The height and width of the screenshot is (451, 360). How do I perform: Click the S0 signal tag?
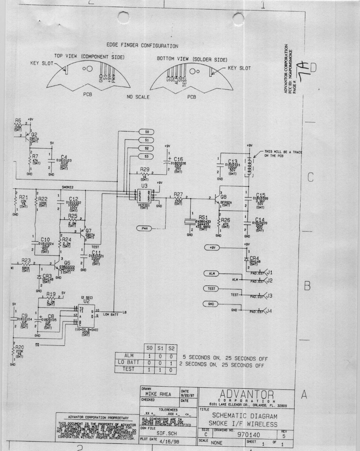pyautogui.click(x=146, y=132)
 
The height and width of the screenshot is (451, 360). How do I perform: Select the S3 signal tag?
pyautogui.click(x=146, y=157)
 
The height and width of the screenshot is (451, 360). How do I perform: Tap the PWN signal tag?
pyautogui.click(x=145, y=228)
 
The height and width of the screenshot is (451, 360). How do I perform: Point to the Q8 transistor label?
pyautogui.click(x=224, y=197)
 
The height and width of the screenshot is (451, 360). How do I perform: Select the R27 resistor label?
pyautogui.click(x=178, y=194)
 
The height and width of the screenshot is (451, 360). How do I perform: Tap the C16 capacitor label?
pyautogui.click(x=178, y=159)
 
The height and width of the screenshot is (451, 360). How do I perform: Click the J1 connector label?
pyautogui.click(x=269, y=272)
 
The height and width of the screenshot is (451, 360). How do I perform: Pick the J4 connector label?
pyautogui.click(x=269, y=311)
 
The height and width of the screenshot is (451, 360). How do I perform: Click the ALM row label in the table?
pyautogui.click(x=129, y=356)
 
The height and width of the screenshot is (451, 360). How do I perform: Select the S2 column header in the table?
pyautogui.click(x=171, y=349)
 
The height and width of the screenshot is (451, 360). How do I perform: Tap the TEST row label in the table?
pyautogui.click(x=129, y=369)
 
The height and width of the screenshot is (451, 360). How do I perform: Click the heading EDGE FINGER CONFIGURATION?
pyautogui.click(x=142, y=46)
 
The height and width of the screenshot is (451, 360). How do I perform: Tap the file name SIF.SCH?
pyautogui.click(x=166, y=433)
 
